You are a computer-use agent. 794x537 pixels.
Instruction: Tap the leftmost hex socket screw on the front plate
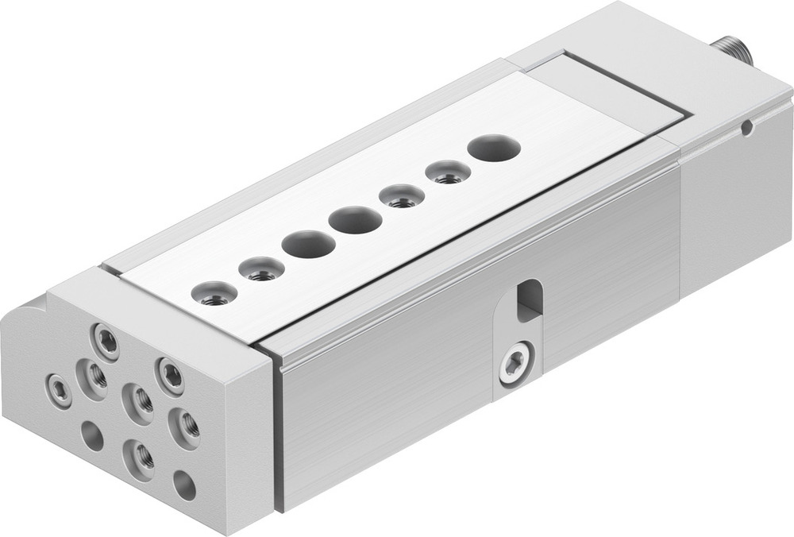(59, 388)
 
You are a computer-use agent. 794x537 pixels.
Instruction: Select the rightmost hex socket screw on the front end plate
(171, 374)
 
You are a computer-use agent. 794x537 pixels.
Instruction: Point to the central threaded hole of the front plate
(139, 401)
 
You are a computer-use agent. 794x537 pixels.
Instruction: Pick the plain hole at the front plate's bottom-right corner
(184, 485)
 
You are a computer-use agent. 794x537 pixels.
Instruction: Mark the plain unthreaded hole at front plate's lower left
(92, 435)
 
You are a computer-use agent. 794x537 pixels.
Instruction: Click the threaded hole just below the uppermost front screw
(95, 377)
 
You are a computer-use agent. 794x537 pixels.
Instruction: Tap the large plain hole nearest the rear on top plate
(494, 147)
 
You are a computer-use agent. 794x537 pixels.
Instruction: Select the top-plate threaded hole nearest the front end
(214, 295)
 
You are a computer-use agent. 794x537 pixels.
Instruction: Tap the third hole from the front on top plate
(308, 245)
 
